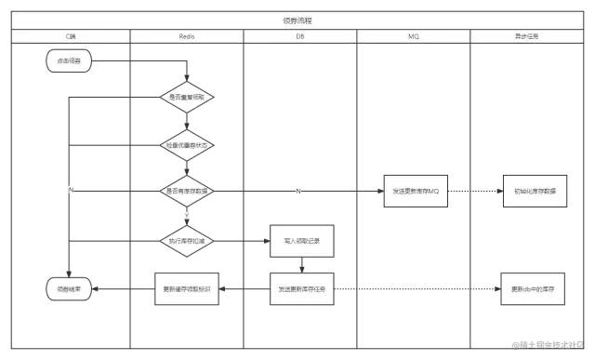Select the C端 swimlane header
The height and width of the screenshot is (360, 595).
71,35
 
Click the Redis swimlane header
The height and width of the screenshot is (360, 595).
186,35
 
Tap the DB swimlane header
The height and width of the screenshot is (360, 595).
299,35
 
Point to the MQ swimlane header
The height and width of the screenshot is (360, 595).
413,35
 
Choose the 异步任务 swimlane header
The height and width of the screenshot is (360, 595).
526,35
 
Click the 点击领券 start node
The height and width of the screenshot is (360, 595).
69,61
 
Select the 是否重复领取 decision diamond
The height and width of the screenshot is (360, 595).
187,96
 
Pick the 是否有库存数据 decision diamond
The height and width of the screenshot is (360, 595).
187,191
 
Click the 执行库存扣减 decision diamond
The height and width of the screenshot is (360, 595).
187,240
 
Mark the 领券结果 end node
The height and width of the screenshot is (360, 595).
69,289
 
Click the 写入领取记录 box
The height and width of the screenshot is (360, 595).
301,240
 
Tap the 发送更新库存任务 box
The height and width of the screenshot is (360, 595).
301,288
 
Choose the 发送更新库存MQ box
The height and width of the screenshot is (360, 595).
414,191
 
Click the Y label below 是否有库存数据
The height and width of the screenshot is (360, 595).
187,215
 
